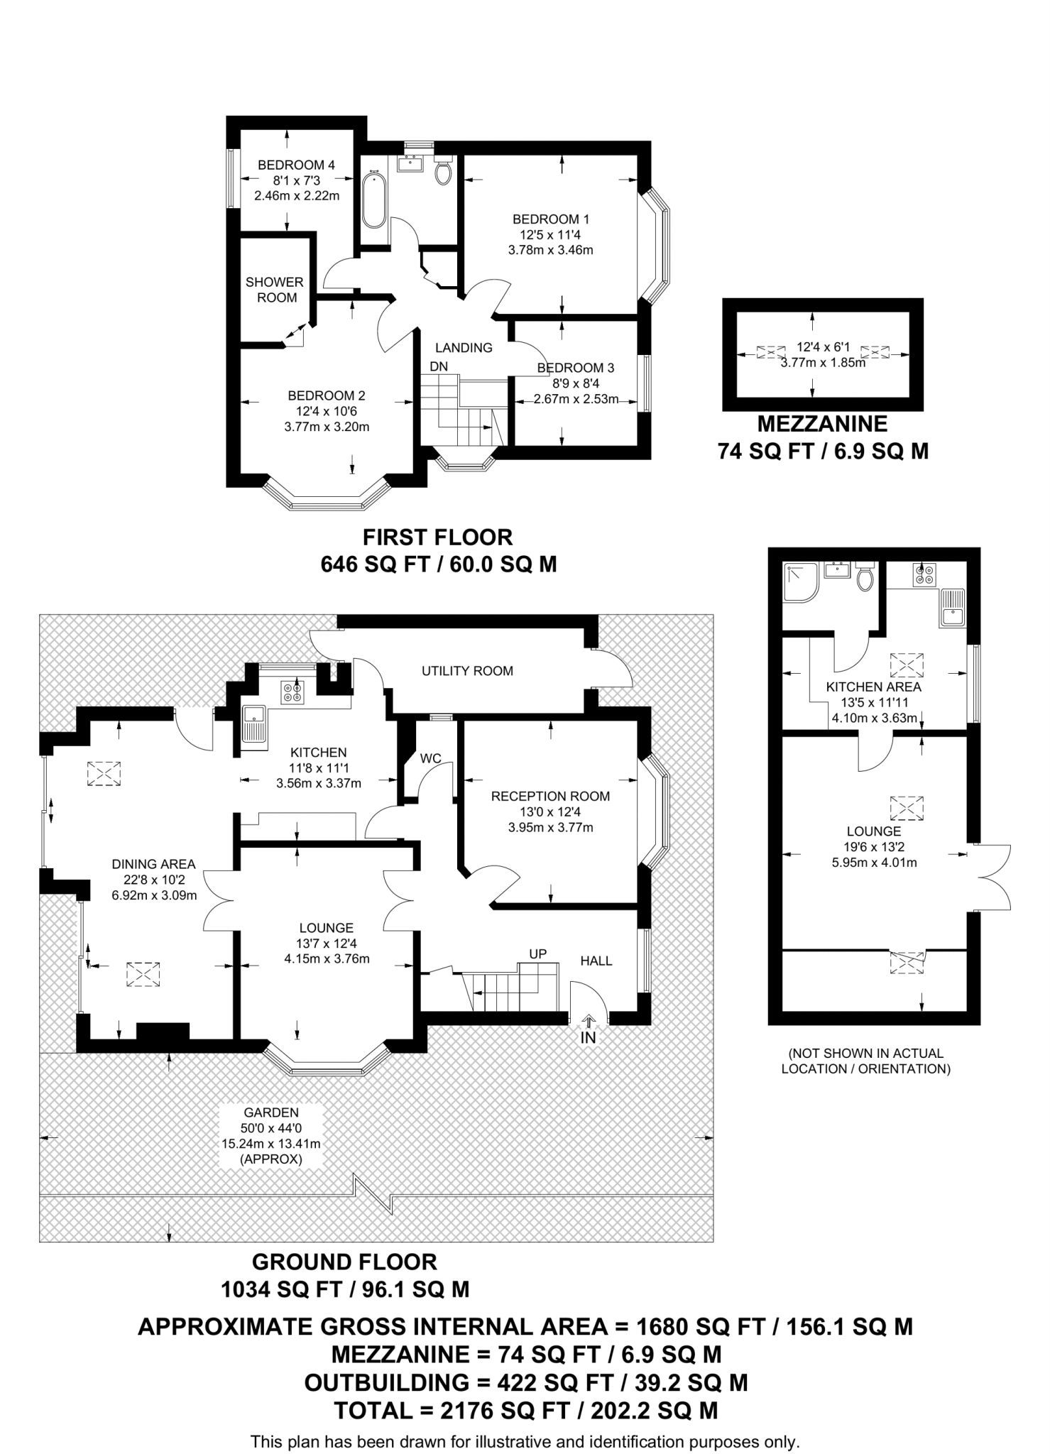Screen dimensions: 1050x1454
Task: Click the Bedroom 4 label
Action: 296,165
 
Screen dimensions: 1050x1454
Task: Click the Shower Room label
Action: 275,290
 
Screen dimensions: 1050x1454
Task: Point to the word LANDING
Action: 464,348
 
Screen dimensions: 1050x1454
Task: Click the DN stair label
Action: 439,366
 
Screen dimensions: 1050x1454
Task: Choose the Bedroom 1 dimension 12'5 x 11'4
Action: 551,234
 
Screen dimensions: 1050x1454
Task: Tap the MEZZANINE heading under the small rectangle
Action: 822,424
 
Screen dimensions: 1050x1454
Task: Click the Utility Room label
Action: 467,671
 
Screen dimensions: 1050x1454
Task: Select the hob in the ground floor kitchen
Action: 291,692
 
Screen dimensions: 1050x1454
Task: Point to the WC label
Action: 431,758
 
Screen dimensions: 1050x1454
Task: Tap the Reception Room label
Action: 551,797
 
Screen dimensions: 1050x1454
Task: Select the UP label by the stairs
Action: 537,953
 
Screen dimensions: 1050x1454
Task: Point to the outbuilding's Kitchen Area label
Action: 873,687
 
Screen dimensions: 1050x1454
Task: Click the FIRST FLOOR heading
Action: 437,537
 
